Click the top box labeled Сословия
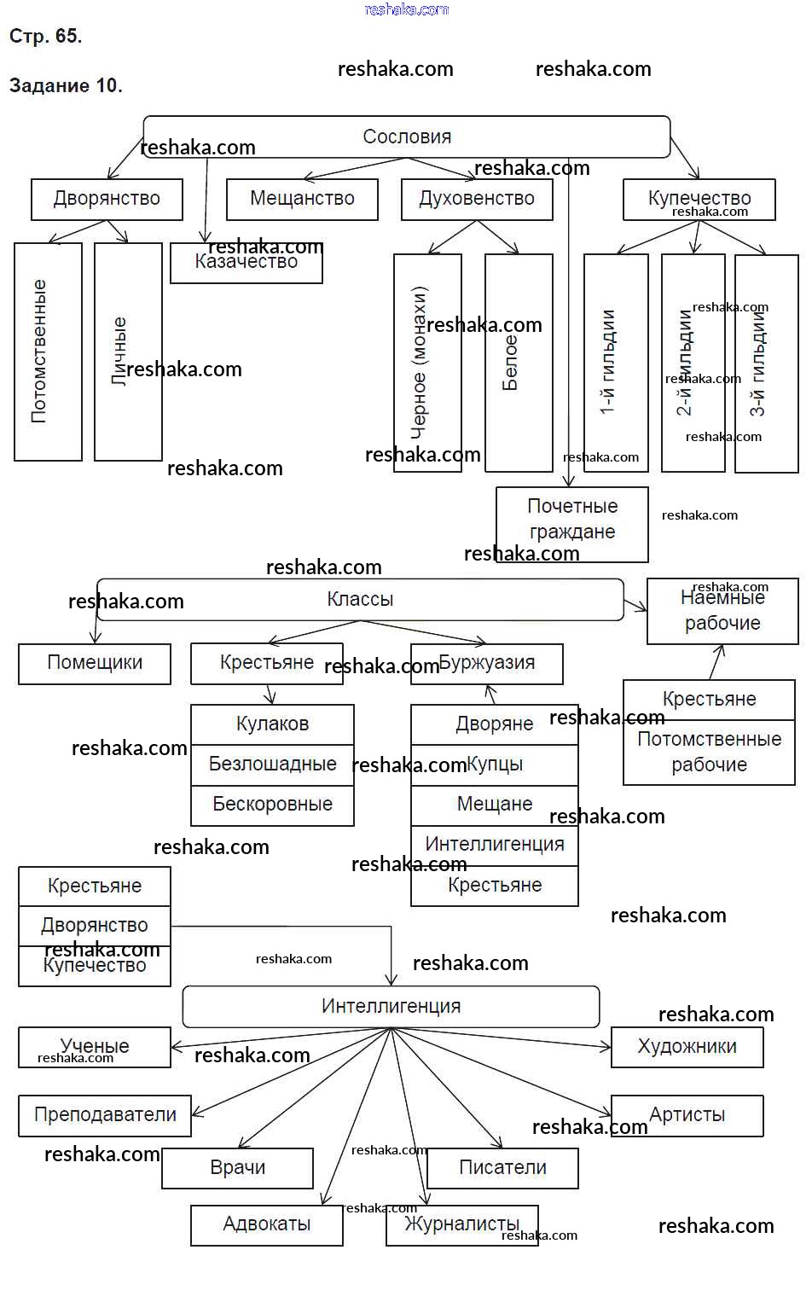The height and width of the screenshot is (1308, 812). coord(407,137)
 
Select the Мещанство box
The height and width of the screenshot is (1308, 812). coord(302,199)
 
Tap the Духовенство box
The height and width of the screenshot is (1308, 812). coord(477,199)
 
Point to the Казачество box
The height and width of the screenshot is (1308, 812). coord(246,264)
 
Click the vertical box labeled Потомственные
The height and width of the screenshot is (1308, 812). coord(48,352)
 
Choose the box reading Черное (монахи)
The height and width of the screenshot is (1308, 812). coord(427,363)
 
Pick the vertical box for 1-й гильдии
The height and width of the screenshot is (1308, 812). coord(616,363)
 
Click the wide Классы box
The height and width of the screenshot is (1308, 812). coord(360,600)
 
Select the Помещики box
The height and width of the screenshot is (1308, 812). coord(95,663)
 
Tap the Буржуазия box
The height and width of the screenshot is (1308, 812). coord(487,663)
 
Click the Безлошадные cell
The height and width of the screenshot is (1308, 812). coord(272,764)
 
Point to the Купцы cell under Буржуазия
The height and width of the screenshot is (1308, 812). coord(495,764)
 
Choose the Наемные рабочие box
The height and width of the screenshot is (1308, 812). coord(722,611)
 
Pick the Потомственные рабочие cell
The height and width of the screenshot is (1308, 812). coord(709,752)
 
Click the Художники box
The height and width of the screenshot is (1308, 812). coord(687,1047)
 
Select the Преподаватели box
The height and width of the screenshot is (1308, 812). coord(105,1115)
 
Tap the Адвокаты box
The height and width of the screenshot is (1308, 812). coord(266,1224)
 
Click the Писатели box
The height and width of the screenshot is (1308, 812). coord(502,1168)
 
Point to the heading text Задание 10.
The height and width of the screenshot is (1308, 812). coord(66,85)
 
